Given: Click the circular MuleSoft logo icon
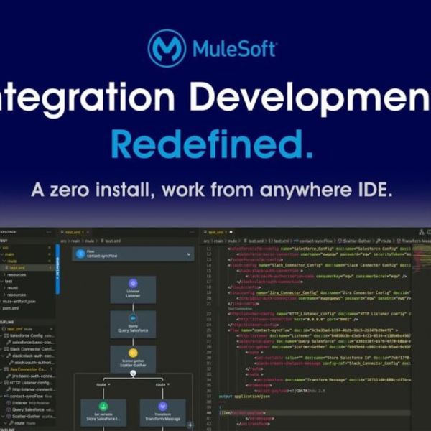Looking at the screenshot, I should point(167,48).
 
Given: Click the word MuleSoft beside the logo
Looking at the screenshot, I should point(235,49).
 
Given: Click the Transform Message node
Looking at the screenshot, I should point(162,414).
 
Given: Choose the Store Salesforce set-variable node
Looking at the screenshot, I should point(103,414).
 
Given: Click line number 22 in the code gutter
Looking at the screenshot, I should point(208,314).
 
